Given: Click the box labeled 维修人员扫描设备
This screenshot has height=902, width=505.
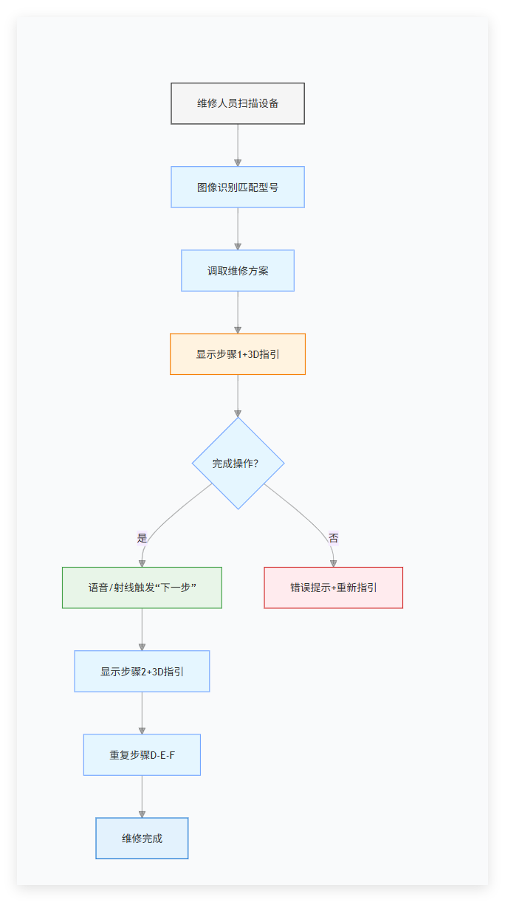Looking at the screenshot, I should [238, 103].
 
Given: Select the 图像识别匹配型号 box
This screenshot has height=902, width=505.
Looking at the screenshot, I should [238, 187].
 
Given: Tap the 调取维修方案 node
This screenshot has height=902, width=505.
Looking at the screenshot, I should [238, 270].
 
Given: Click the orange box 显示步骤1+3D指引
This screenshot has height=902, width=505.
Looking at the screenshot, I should [238, 354].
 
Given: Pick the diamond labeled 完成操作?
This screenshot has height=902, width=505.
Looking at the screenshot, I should [238, 464].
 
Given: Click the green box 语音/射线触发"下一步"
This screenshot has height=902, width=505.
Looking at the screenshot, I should [142, 588].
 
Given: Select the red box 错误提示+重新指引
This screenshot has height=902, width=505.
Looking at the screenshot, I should [333, 588].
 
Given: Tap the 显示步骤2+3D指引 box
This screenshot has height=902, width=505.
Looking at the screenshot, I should [142, 671].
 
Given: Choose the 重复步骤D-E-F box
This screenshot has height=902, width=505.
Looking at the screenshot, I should [142, 754].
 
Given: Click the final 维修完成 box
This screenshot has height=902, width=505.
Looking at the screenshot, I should [142, 838].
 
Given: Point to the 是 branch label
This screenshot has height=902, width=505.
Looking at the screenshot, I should [142, 538].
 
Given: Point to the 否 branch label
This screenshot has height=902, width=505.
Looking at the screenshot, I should [333, 538].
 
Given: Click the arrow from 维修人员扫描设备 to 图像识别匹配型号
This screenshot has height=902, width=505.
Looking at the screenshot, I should [238, 145].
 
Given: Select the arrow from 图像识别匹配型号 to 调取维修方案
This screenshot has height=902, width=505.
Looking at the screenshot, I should [238, 228].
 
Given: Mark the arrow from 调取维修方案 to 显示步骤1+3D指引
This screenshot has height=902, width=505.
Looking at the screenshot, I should [238, 311].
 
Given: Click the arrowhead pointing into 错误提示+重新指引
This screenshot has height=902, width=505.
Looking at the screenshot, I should [333, 562].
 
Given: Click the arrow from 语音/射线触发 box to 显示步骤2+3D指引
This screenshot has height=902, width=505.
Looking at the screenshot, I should [142, 629].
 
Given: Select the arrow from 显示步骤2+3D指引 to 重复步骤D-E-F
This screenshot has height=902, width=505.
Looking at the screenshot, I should [142, 712].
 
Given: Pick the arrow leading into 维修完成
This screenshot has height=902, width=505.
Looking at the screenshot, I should [142, 796].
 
